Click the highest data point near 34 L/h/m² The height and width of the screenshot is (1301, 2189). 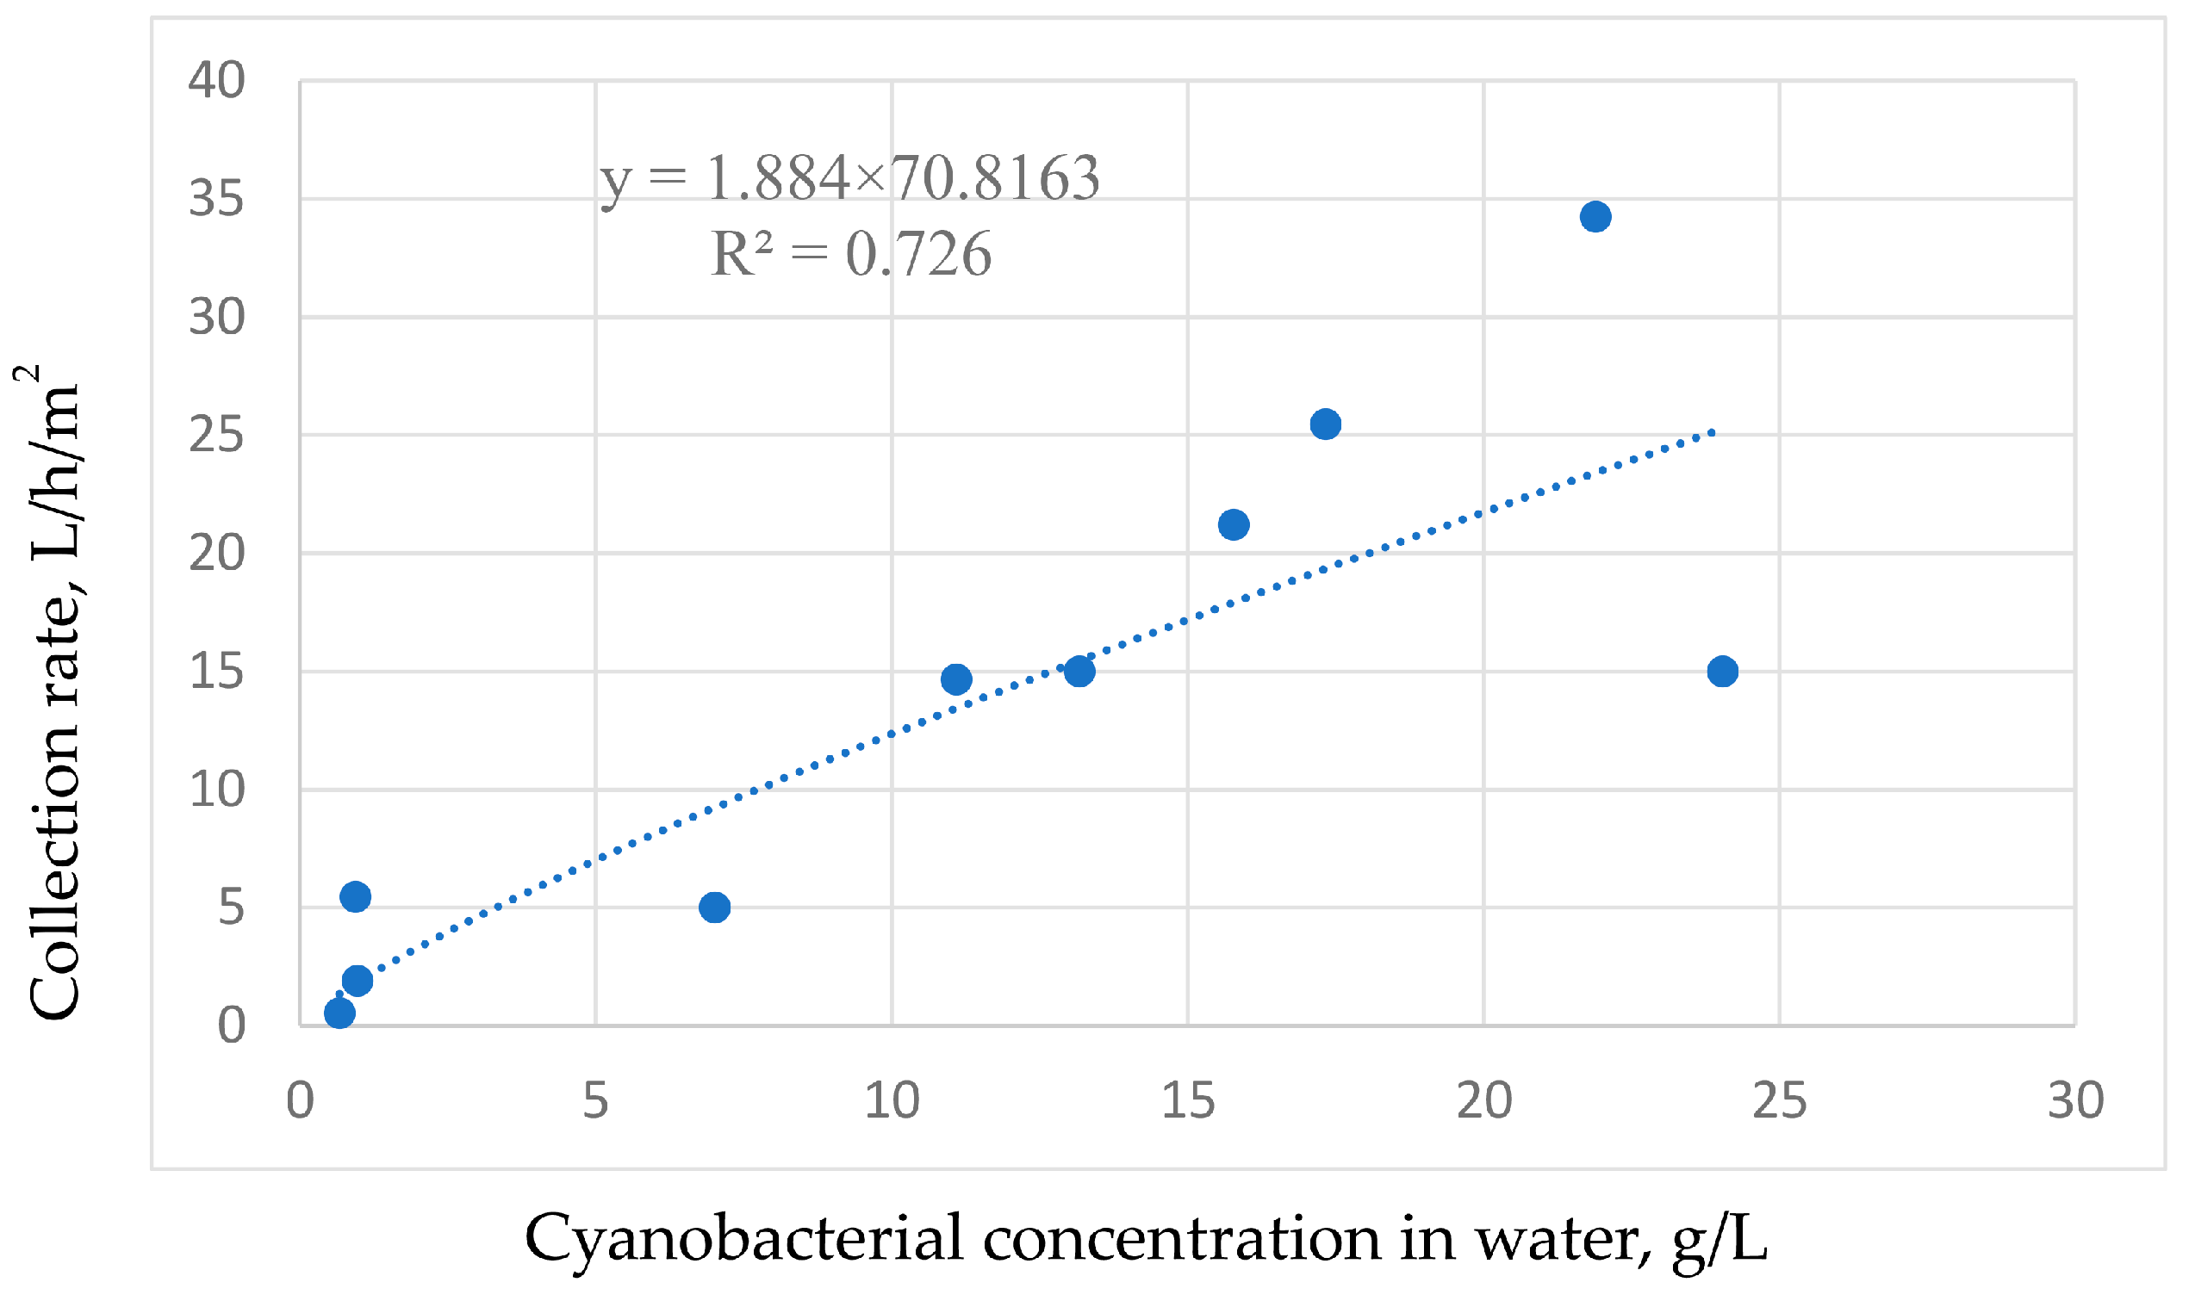(x=1595, y=216)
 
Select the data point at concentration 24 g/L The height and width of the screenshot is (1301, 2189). (x=1722, y=671)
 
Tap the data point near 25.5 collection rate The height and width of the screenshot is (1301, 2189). (x=1325, y=424)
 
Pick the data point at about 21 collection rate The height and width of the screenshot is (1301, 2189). (x=1233, y=525)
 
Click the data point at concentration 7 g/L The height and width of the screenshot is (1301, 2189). (x=715, y=907)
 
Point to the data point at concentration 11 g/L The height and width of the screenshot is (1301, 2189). (x=956, y=678)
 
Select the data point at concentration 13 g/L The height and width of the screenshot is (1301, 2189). (x=1079, y=671)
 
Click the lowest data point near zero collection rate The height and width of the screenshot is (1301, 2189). (x=339, y=1013)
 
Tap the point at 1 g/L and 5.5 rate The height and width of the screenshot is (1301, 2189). (x=355, y=896)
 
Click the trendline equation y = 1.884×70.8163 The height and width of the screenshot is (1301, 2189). (x=849, y=178)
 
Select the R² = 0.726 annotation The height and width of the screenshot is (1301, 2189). (x=850, y=254)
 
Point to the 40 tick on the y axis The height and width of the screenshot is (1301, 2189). (x=216, y=81)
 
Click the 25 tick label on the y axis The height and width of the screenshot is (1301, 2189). (x=216, y=435)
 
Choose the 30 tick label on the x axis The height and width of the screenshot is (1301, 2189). (x=2076, y=1100)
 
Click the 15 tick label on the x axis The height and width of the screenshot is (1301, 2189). (x=1188, y=1100)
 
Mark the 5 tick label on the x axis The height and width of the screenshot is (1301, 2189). (x=595, y=1100)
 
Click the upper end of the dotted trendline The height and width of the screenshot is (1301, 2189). (x=1711, y=432)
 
